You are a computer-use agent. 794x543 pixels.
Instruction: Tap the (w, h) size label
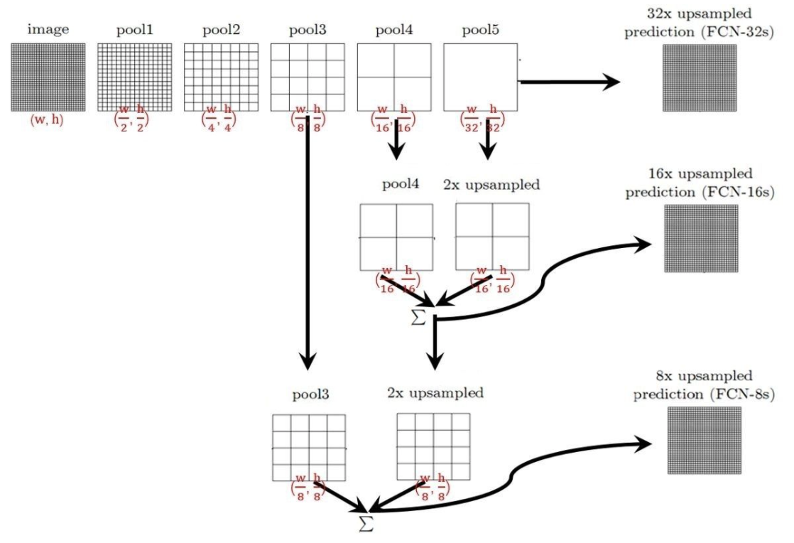pyautogui.click(x=48, y=121)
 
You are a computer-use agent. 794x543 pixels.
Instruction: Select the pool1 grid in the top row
pyautogui.click(x=134, y=77)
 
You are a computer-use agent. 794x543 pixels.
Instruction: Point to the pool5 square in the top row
pyautogui.click(x=480, y=77)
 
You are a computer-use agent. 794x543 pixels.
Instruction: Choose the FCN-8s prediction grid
pyautogui.click(x=703, y=439)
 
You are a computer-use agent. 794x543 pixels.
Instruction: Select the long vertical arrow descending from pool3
pyautogui.click(x=308, y=242)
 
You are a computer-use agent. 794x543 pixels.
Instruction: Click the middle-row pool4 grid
pyautogui.click(x=396, y=237)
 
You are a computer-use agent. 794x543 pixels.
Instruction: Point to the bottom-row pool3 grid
pyautogui.click(x=309, y=447)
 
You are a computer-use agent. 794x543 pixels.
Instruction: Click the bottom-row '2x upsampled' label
pyautogui.click(x=435, y=393)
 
